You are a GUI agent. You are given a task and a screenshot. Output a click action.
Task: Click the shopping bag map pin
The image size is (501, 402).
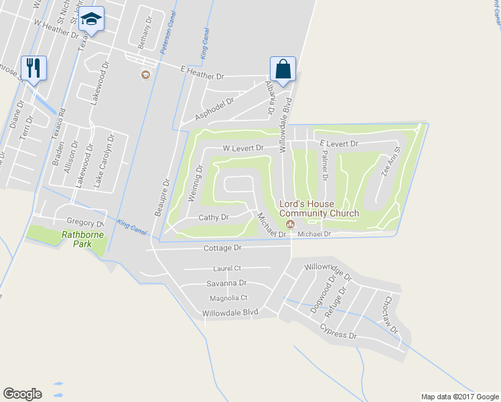pyautogui.click(x=283, y=68)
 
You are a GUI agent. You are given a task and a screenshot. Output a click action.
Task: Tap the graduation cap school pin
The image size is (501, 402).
pyautogui.click(x=90, y=19)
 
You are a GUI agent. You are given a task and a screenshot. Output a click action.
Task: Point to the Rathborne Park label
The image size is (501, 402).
pyautogui.click(x=85, y=239)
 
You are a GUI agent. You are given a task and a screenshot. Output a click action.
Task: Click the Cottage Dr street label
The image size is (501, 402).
pyautogui.click(x=222, y=248)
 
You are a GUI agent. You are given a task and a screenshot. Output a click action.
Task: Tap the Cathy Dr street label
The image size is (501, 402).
pyautogui.click(x=214, y=217)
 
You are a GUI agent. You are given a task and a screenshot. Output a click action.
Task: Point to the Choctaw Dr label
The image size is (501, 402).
pyautogui.click(x=390, y=316)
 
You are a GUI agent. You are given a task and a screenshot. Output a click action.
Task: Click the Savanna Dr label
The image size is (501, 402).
pyautogui.click(x=227, y=283)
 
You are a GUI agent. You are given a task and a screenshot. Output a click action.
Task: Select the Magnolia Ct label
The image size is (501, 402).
pyautogui.click(x=228, y=297)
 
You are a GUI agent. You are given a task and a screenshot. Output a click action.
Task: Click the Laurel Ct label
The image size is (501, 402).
pyautogui.click(x=227, y=269)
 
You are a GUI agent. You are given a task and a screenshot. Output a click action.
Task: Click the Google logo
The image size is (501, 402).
pyautogui.click(x=22, y=393)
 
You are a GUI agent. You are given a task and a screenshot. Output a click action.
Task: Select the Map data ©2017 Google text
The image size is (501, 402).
pyautogui.click(x=459, y=397)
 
